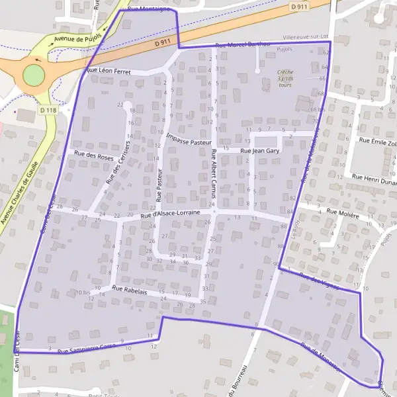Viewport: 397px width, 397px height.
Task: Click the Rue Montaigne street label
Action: tap(149, 9)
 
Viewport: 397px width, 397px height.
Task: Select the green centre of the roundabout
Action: tap(32, 76)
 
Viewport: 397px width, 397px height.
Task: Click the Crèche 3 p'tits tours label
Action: tap(285, 78)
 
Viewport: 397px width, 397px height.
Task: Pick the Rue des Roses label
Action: tap(94, 157)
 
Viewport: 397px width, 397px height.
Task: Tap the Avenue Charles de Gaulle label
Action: tap(24, 185)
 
